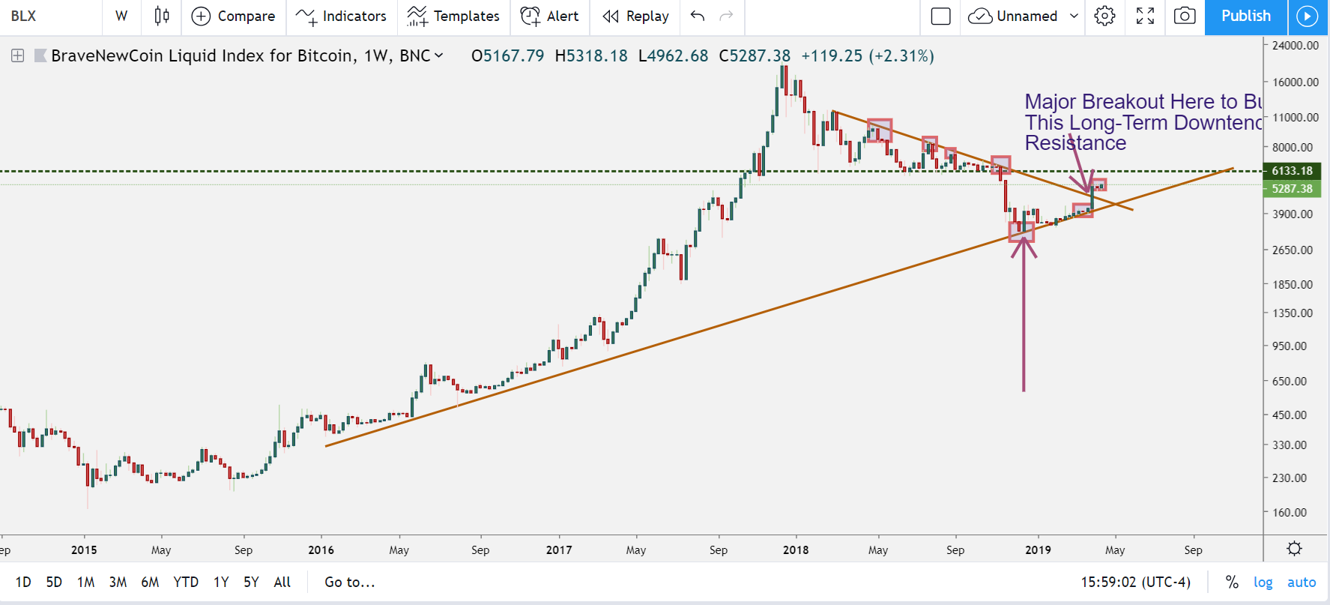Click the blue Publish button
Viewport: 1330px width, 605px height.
(1245, 16)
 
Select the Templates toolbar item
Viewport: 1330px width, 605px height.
(453, 16)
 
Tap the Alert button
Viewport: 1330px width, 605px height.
(550, 16)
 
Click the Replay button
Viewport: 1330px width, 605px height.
(635, 16)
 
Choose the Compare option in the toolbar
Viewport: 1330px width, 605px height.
(234, 16)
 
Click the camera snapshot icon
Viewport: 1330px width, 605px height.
(1185, 16)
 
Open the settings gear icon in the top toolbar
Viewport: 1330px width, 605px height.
(1104, 16)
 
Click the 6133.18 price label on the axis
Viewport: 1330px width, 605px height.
(1292, 171)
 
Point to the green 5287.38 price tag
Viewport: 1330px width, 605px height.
(1292, 189)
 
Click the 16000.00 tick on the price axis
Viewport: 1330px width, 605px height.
(1296, 82)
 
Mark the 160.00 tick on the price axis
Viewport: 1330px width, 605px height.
(1290, 513)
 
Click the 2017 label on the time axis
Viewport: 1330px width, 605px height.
(559, 550)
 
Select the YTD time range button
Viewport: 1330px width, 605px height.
(186, 583)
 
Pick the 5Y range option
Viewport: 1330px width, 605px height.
(251, 583)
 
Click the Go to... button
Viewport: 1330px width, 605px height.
(350, 583)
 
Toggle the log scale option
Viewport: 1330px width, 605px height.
(1263, 583)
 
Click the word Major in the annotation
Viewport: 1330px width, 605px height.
(1051, 102)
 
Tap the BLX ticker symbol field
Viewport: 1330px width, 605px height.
(24, 16)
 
